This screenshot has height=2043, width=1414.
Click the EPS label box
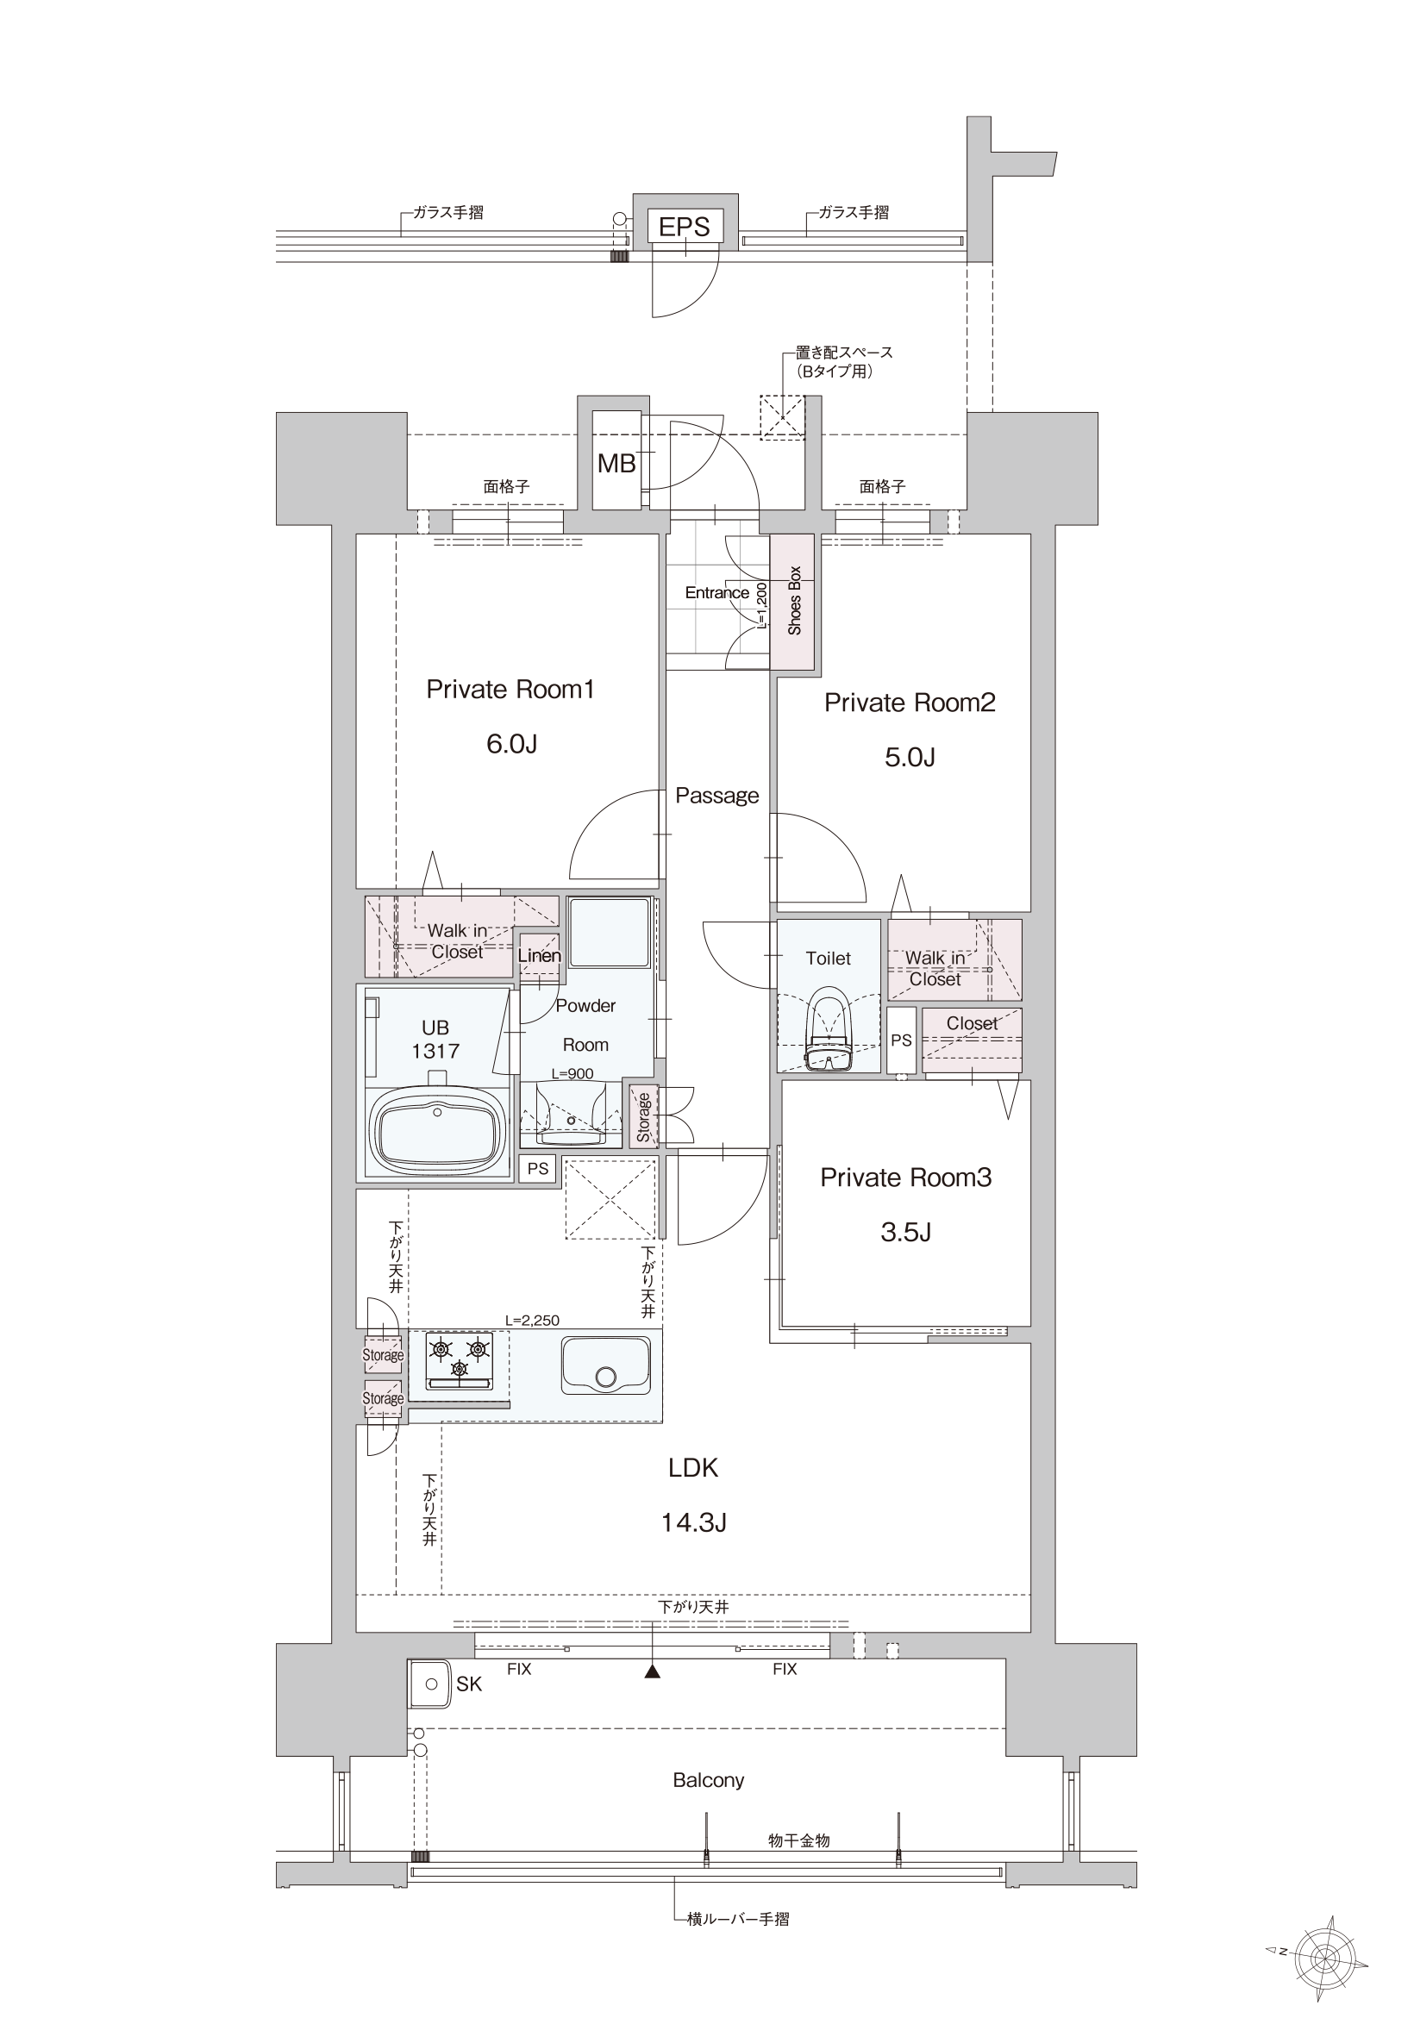coord(684,226)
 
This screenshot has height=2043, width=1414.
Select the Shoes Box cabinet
coord(792,602)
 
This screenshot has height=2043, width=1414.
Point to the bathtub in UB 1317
coord(437,1131)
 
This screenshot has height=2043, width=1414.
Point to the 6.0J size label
coord(511,744)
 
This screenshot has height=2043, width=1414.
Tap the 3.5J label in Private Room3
coord(905,1232)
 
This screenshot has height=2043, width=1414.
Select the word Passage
coord(716,796)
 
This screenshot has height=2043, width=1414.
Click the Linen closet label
coord(540,955)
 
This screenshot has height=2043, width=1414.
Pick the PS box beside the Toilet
coord(901,1040)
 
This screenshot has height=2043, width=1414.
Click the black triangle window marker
coord(653,1672)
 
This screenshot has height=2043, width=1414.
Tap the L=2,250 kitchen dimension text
coord(532,1321)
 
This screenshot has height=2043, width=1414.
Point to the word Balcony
coord(708,1780)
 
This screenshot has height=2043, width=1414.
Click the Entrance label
coord(716,592)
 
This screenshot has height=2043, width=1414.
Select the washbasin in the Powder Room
coord(571,1114)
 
